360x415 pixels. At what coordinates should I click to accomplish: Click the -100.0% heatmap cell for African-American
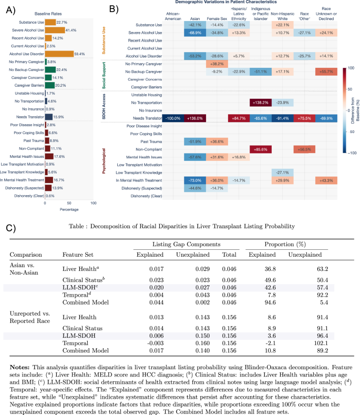tap(173, 119)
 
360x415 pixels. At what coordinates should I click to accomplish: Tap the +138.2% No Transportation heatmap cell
tap(262, 103)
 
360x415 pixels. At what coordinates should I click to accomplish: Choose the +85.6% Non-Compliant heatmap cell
tap(262, 149)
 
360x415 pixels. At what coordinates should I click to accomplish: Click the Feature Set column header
tap(77, 254)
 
